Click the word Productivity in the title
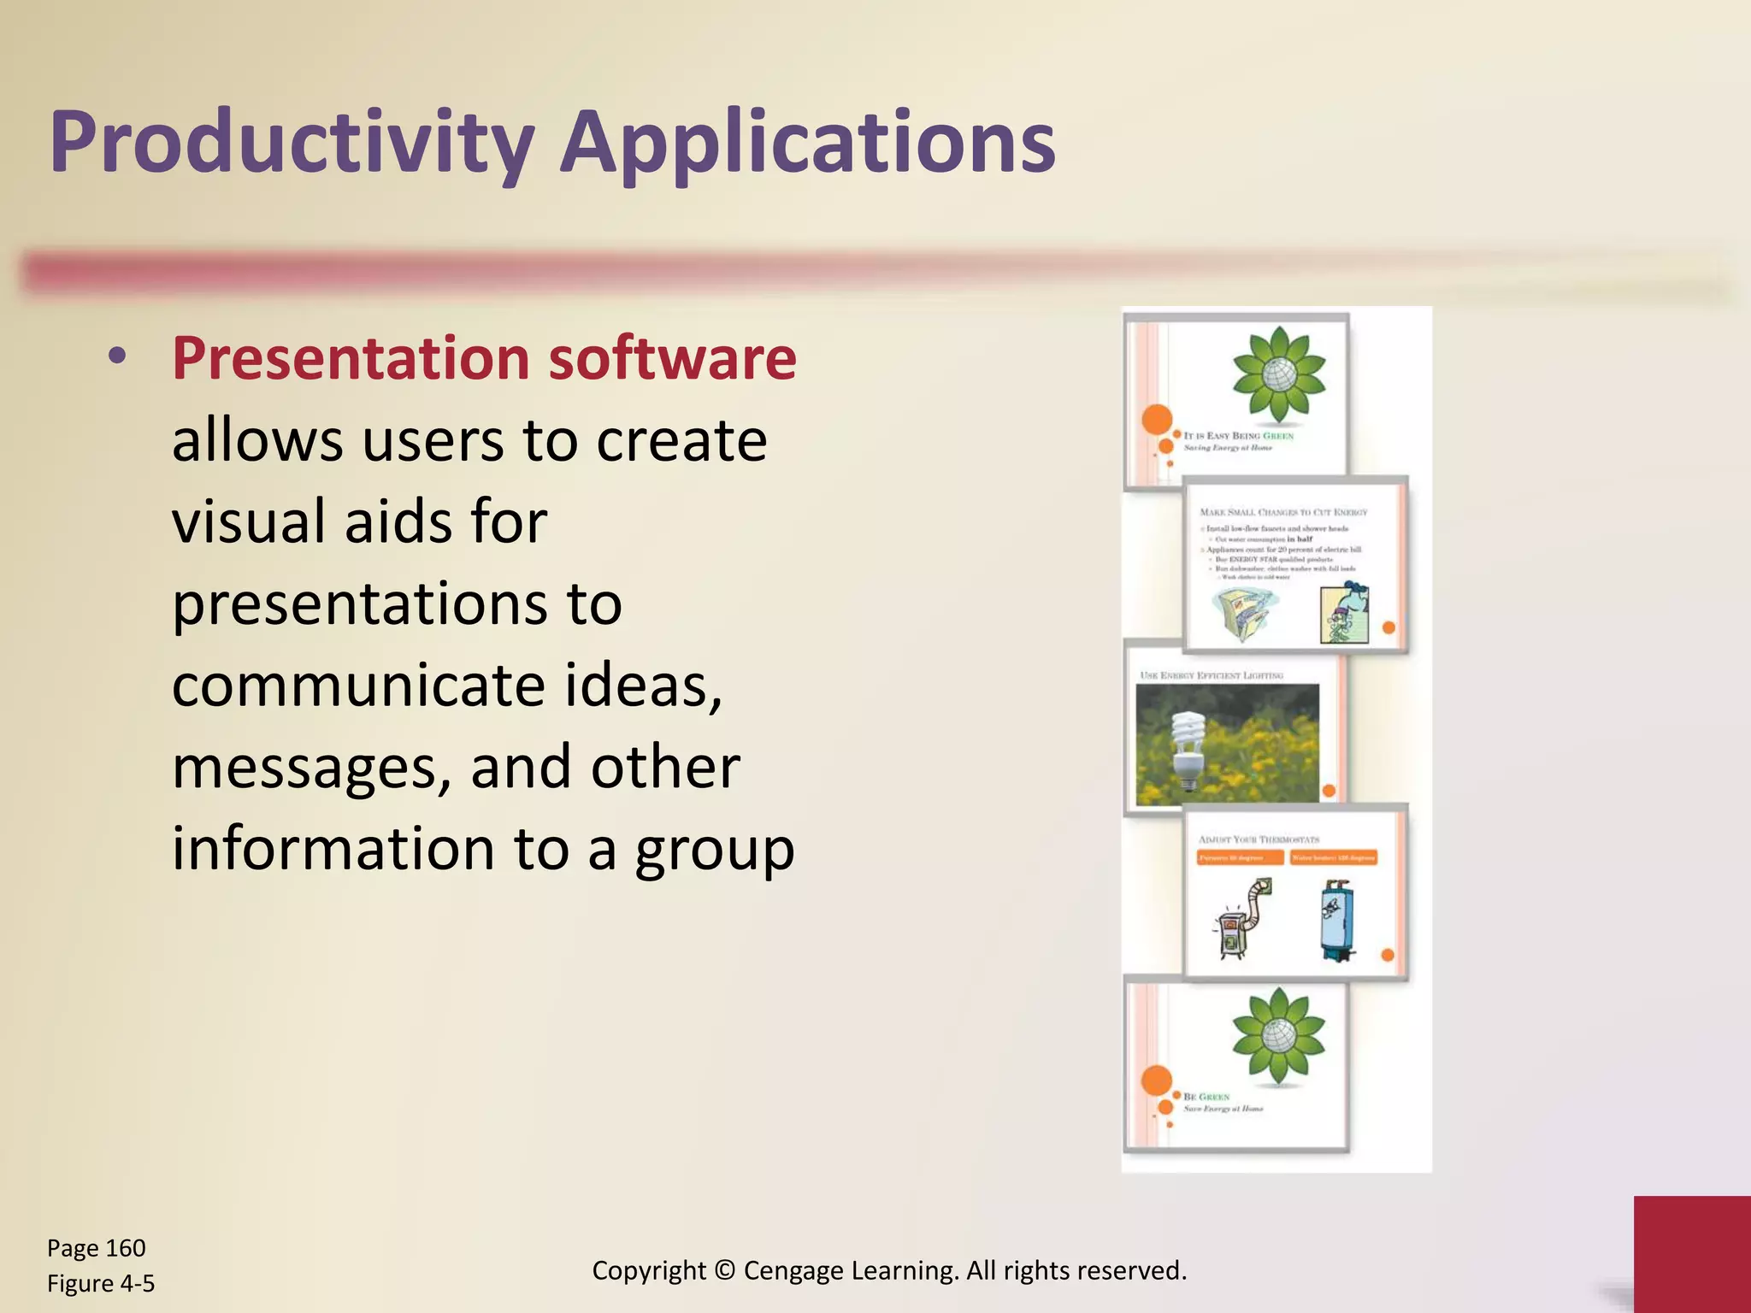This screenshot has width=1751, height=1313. tap(292, 143)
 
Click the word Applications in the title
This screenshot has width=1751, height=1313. tap(807, 143)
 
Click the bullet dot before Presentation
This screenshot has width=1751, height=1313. tap(118, 356)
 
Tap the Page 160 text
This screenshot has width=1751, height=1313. tap(96, 1248)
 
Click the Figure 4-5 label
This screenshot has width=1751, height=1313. tap(101, 1283)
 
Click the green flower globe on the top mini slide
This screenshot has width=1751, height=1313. tap(1278, 374)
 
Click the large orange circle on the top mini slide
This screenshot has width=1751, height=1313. tap(1157, 420)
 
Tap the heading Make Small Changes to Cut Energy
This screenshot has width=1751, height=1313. tap(1283, 512)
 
